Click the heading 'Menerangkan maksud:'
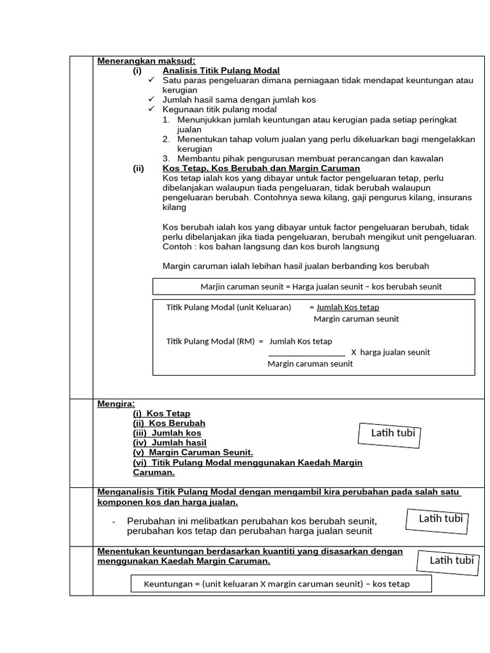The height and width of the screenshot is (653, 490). [x=137, y=61]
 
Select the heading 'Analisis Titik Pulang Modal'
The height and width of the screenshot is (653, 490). [x=221, y=71]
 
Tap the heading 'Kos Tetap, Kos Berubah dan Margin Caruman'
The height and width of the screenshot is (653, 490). [x=261, y=168]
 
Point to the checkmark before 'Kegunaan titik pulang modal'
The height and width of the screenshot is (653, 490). [x=151, y=110]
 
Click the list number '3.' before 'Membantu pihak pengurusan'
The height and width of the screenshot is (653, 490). [x=166, y=159]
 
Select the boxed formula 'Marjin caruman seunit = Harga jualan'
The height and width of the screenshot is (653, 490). [x=313, y=286]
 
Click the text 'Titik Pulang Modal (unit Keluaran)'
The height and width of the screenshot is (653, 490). [x=228, y=307]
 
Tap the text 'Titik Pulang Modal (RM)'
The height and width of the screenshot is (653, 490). [x=210, y=341]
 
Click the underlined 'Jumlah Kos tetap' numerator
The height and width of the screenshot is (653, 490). [x=348, y=307]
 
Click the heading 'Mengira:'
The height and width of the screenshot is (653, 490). [x=116, y=404]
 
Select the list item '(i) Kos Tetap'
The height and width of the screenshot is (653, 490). [x=161, y=414]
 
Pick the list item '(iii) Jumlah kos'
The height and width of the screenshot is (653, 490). [x=167, y=433]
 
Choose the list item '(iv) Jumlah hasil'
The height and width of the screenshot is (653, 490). [x=169, y=443]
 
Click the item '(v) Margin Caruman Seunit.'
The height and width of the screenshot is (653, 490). [x=193, y=452]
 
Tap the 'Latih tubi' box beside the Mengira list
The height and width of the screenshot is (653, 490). [x=393, y=434]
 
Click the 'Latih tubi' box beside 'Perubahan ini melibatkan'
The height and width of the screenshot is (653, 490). [x=440, y=518]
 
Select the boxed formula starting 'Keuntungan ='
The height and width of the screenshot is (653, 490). [x=281, y=583]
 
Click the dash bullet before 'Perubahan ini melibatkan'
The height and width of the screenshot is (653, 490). [x=114, y=522]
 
